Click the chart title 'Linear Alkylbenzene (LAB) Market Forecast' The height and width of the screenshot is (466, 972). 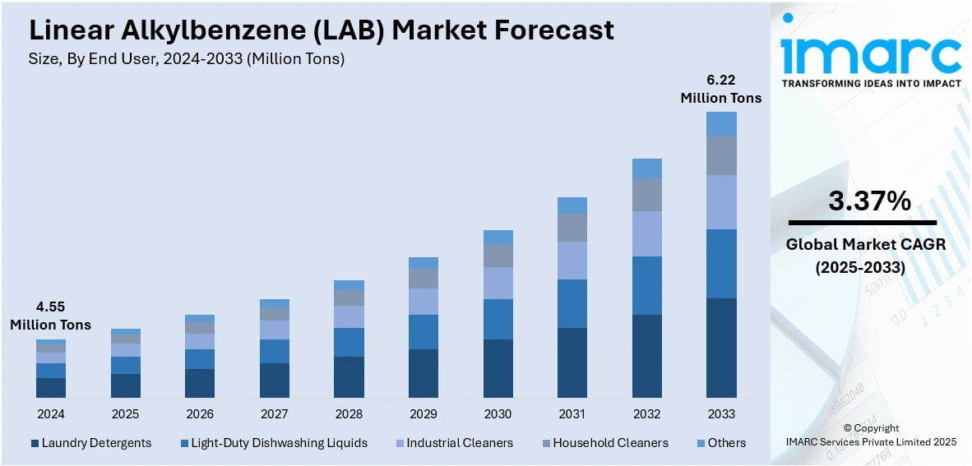pos(322,30)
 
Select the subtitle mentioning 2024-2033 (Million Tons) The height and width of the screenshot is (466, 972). pos(187,58)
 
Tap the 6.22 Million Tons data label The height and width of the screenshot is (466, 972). pos(720,89)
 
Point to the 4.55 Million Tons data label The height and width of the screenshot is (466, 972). pos(50,316)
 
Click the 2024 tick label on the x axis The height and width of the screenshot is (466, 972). pos(50,413)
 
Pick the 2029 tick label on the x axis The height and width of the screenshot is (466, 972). pos(423,413)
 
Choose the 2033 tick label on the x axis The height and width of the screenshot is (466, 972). pos(721,413)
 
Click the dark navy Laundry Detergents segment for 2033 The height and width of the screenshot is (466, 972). pos(721,348)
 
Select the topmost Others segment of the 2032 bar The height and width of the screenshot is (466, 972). pos(646,168)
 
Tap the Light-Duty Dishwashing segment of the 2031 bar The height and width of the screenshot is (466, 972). pos(572,303)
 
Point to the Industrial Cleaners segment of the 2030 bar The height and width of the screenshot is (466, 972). pos(498,283)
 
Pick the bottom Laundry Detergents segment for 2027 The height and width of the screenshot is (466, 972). pos(274,381)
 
